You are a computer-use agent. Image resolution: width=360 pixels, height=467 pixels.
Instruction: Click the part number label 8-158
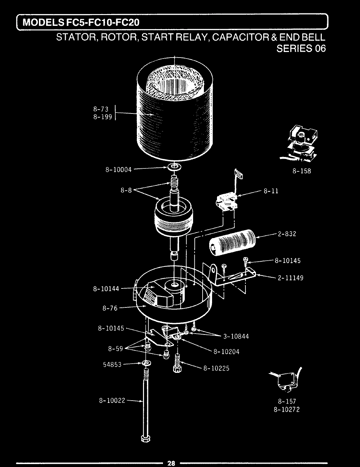(x=301, y=171)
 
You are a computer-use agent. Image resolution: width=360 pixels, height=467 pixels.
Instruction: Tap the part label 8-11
(x=271, y=191)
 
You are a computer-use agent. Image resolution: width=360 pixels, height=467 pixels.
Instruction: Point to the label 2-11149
(x=290, y=278)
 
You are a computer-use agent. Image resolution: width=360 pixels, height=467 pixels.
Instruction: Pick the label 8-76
(x=110, y=308)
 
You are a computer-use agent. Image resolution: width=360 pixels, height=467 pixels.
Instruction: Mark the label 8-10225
(x=216, y=368)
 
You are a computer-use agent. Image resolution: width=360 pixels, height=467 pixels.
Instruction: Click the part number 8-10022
(x=112, y=400)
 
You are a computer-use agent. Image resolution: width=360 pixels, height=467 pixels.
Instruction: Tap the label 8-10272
(x=286, y=409)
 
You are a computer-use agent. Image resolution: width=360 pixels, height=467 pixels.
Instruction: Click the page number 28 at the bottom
(x=171, y=463)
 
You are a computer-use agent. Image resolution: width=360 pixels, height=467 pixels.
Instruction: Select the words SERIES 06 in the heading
(x=301, y=48)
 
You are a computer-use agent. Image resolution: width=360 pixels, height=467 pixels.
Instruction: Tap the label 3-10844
(x=236, y=336)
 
